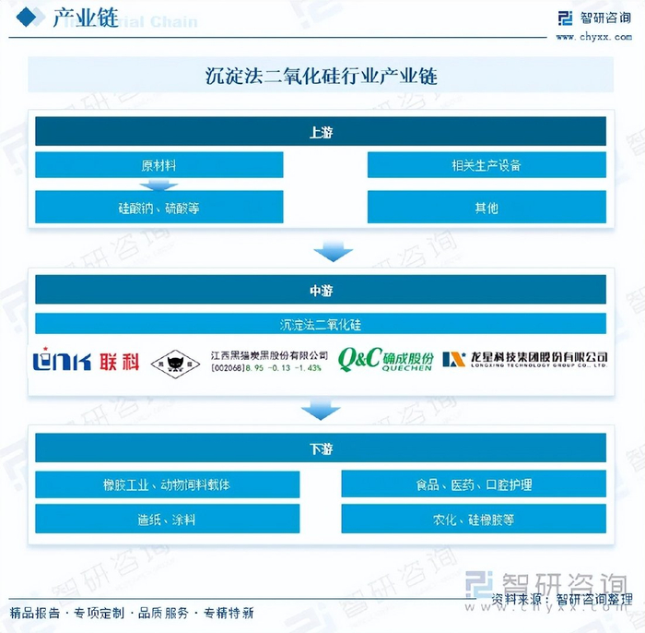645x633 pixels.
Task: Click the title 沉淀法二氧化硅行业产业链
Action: click(x=321, y=77)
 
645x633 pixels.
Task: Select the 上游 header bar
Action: click(x=321, y=131)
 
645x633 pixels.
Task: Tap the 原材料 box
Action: click(x=159, y=165)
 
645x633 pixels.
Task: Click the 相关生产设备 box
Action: click(x=487, y=165)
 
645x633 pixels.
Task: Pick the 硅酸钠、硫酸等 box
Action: click(x=159, y=208)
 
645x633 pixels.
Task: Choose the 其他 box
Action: click(x=487, y=208)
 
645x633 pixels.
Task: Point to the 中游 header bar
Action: click(x=321, y=290)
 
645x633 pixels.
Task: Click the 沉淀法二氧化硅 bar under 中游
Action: click(x=321, y=324)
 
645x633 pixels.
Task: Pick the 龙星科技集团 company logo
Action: click(x=524, y=360)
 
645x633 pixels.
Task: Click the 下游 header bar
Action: click(x=321, y=448)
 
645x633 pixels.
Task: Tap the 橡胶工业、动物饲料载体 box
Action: click(x=167, y=484)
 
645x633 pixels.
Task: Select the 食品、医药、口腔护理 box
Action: click(x=474, y=484)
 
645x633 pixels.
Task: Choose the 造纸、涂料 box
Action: click(x=167, y=520)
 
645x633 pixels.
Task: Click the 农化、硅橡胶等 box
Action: click(x=474, y=520)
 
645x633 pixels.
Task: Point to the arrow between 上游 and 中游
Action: click(x=333, y=250)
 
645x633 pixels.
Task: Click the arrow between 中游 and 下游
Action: click(x=321, y=409)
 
